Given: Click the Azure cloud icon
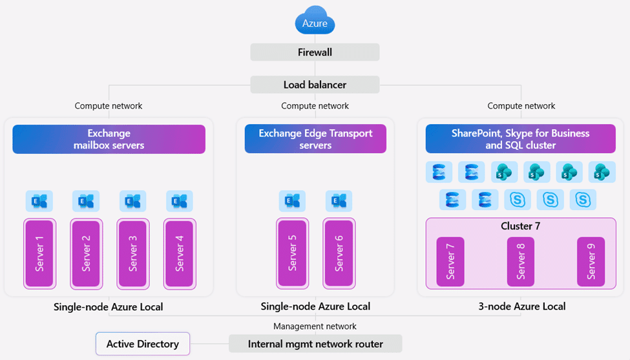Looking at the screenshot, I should coord(315,21).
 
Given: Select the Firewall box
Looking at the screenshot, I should coord(315,52).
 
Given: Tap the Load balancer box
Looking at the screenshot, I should coord(315,85).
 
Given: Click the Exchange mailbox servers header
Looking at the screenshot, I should coord(109,139).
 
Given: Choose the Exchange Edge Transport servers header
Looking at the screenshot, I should coord(315,139).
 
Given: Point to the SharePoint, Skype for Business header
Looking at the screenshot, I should coord(520,139).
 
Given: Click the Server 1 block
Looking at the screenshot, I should coord(39,253).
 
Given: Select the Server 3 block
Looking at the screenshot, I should coord(133,253).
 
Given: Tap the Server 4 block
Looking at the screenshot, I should coord(180,253).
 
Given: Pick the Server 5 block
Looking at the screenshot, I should coord(293,253).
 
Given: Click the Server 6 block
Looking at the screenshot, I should coord(339,253).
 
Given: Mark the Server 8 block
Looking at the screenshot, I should coord(521,261).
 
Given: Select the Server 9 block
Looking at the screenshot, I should coord(591,261).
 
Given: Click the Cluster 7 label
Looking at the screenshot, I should coord(520,226).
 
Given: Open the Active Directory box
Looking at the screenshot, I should coord(143,344).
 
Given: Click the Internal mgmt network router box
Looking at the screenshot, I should coord(315,344).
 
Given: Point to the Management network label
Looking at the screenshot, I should coord(315,326).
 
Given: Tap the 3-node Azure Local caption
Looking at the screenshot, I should coord(521,306).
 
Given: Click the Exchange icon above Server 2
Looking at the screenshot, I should coord(86,202).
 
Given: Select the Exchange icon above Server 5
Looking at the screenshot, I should coord(293,202).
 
